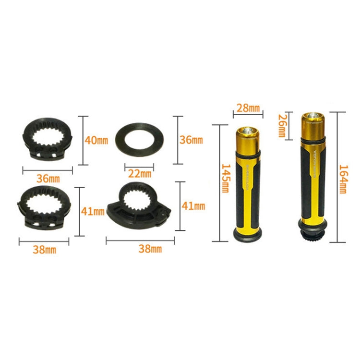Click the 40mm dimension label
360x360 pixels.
click(x=96, y=140)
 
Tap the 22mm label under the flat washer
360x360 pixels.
click(x=139, y=173)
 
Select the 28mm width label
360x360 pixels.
click(x=247, y=108)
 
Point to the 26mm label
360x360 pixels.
click(x=282, y=126)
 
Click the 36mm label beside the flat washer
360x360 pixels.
click(x=191, y=140)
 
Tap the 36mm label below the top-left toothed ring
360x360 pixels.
click(x=48, y=178)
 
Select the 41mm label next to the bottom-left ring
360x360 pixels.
click(x=93, y=211)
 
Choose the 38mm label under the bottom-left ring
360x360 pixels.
click(x=45, y=249)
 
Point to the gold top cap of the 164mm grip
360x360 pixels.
click(x=312, y=123)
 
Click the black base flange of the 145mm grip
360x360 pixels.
click(x=247, y=234)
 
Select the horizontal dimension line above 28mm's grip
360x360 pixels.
click(x=247, y=115)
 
